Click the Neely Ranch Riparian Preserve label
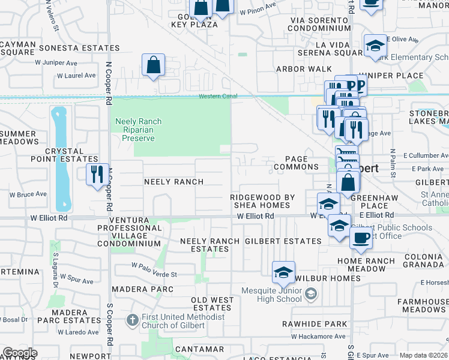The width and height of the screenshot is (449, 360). pyautogui.click(x=135, y=130)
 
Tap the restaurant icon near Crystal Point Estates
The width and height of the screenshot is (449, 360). pyautogui.click(x=97, y=175)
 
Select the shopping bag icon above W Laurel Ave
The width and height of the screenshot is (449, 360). pyautogui.click(x=153, y=65)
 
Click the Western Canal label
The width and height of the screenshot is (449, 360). pyautogui.click(x=218, y=96)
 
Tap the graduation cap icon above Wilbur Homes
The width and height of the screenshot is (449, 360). pyautogui.click(x=283, y=272)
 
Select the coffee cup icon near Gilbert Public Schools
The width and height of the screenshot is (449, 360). pyautogui.click(x=360, y=238)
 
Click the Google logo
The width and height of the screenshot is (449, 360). pyautogui.click(x=20, y=353)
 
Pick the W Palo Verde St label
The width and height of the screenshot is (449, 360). pyautogui.click(x=154, y=274)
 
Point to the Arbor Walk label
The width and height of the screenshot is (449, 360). pyautogui.click(x=295, y=69)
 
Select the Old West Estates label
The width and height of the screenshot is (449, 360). pyautogui.click(x=212, y=304)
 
